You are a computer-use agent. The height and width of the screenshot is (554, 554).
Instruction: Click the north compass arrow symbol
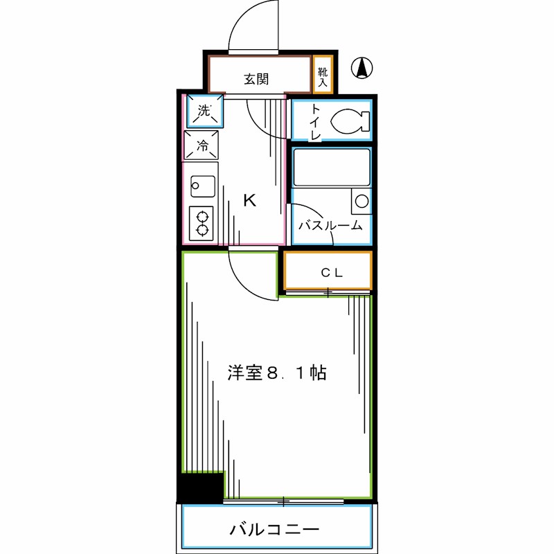[x=361, y=68]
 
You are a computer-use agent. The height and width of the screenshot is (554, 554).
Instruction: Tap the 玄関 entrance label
[x=256, y=79]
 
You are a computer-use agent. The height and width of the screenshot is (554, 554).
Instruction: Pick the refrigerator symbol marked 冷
[x=202, y=145]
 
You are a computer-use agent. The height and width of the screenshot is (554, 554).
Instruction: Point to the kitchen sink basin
[x=203, y=185]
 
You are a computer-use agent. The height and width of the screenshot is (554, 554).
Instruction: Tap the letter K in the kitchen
[x=249, y=201]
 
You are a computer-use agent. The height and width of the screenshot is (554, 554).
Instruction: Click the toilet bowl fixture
[x=350, y=122]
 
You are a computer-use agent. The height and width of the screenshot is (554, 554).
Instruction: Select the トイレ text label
[x=315, y=122]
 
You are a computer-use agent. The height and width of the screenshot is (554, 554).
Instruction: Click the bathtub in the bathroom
[x=331, y=167]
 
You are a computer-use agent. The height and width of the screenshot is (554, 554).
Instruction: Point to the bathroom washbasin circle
[x=360, y=202]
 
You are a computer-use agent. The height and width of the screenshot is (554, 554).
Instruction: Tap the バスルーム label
[x=330, y=225]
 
